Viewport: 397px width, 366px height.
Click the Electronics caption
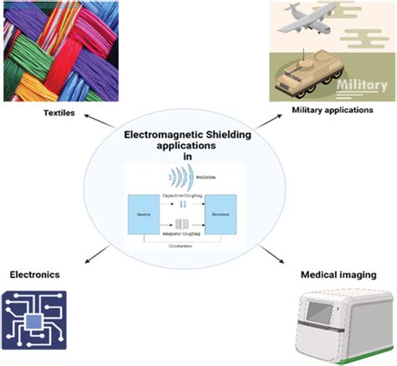coord(37,274)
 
